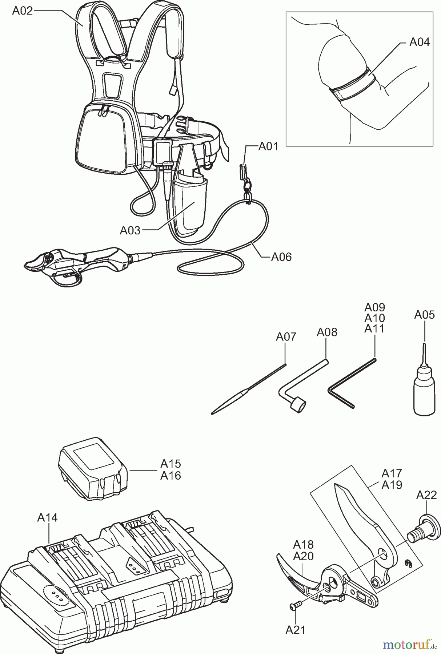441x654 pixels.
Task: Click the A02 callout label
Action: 22,11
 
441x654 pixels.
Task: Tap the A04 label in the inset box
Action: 419,42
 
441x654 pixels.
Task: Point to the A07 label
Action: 286,337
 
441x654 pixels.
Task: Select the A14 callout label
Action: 47,517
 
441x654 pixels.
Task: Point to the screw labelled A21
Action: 295,605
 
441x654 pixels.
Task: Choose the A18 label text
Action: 303,545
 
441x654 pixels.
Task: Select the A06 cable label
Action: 281,257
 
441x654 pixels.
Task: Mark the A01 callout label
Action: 268,147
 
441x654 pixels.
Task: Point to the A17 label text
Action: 392,473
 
